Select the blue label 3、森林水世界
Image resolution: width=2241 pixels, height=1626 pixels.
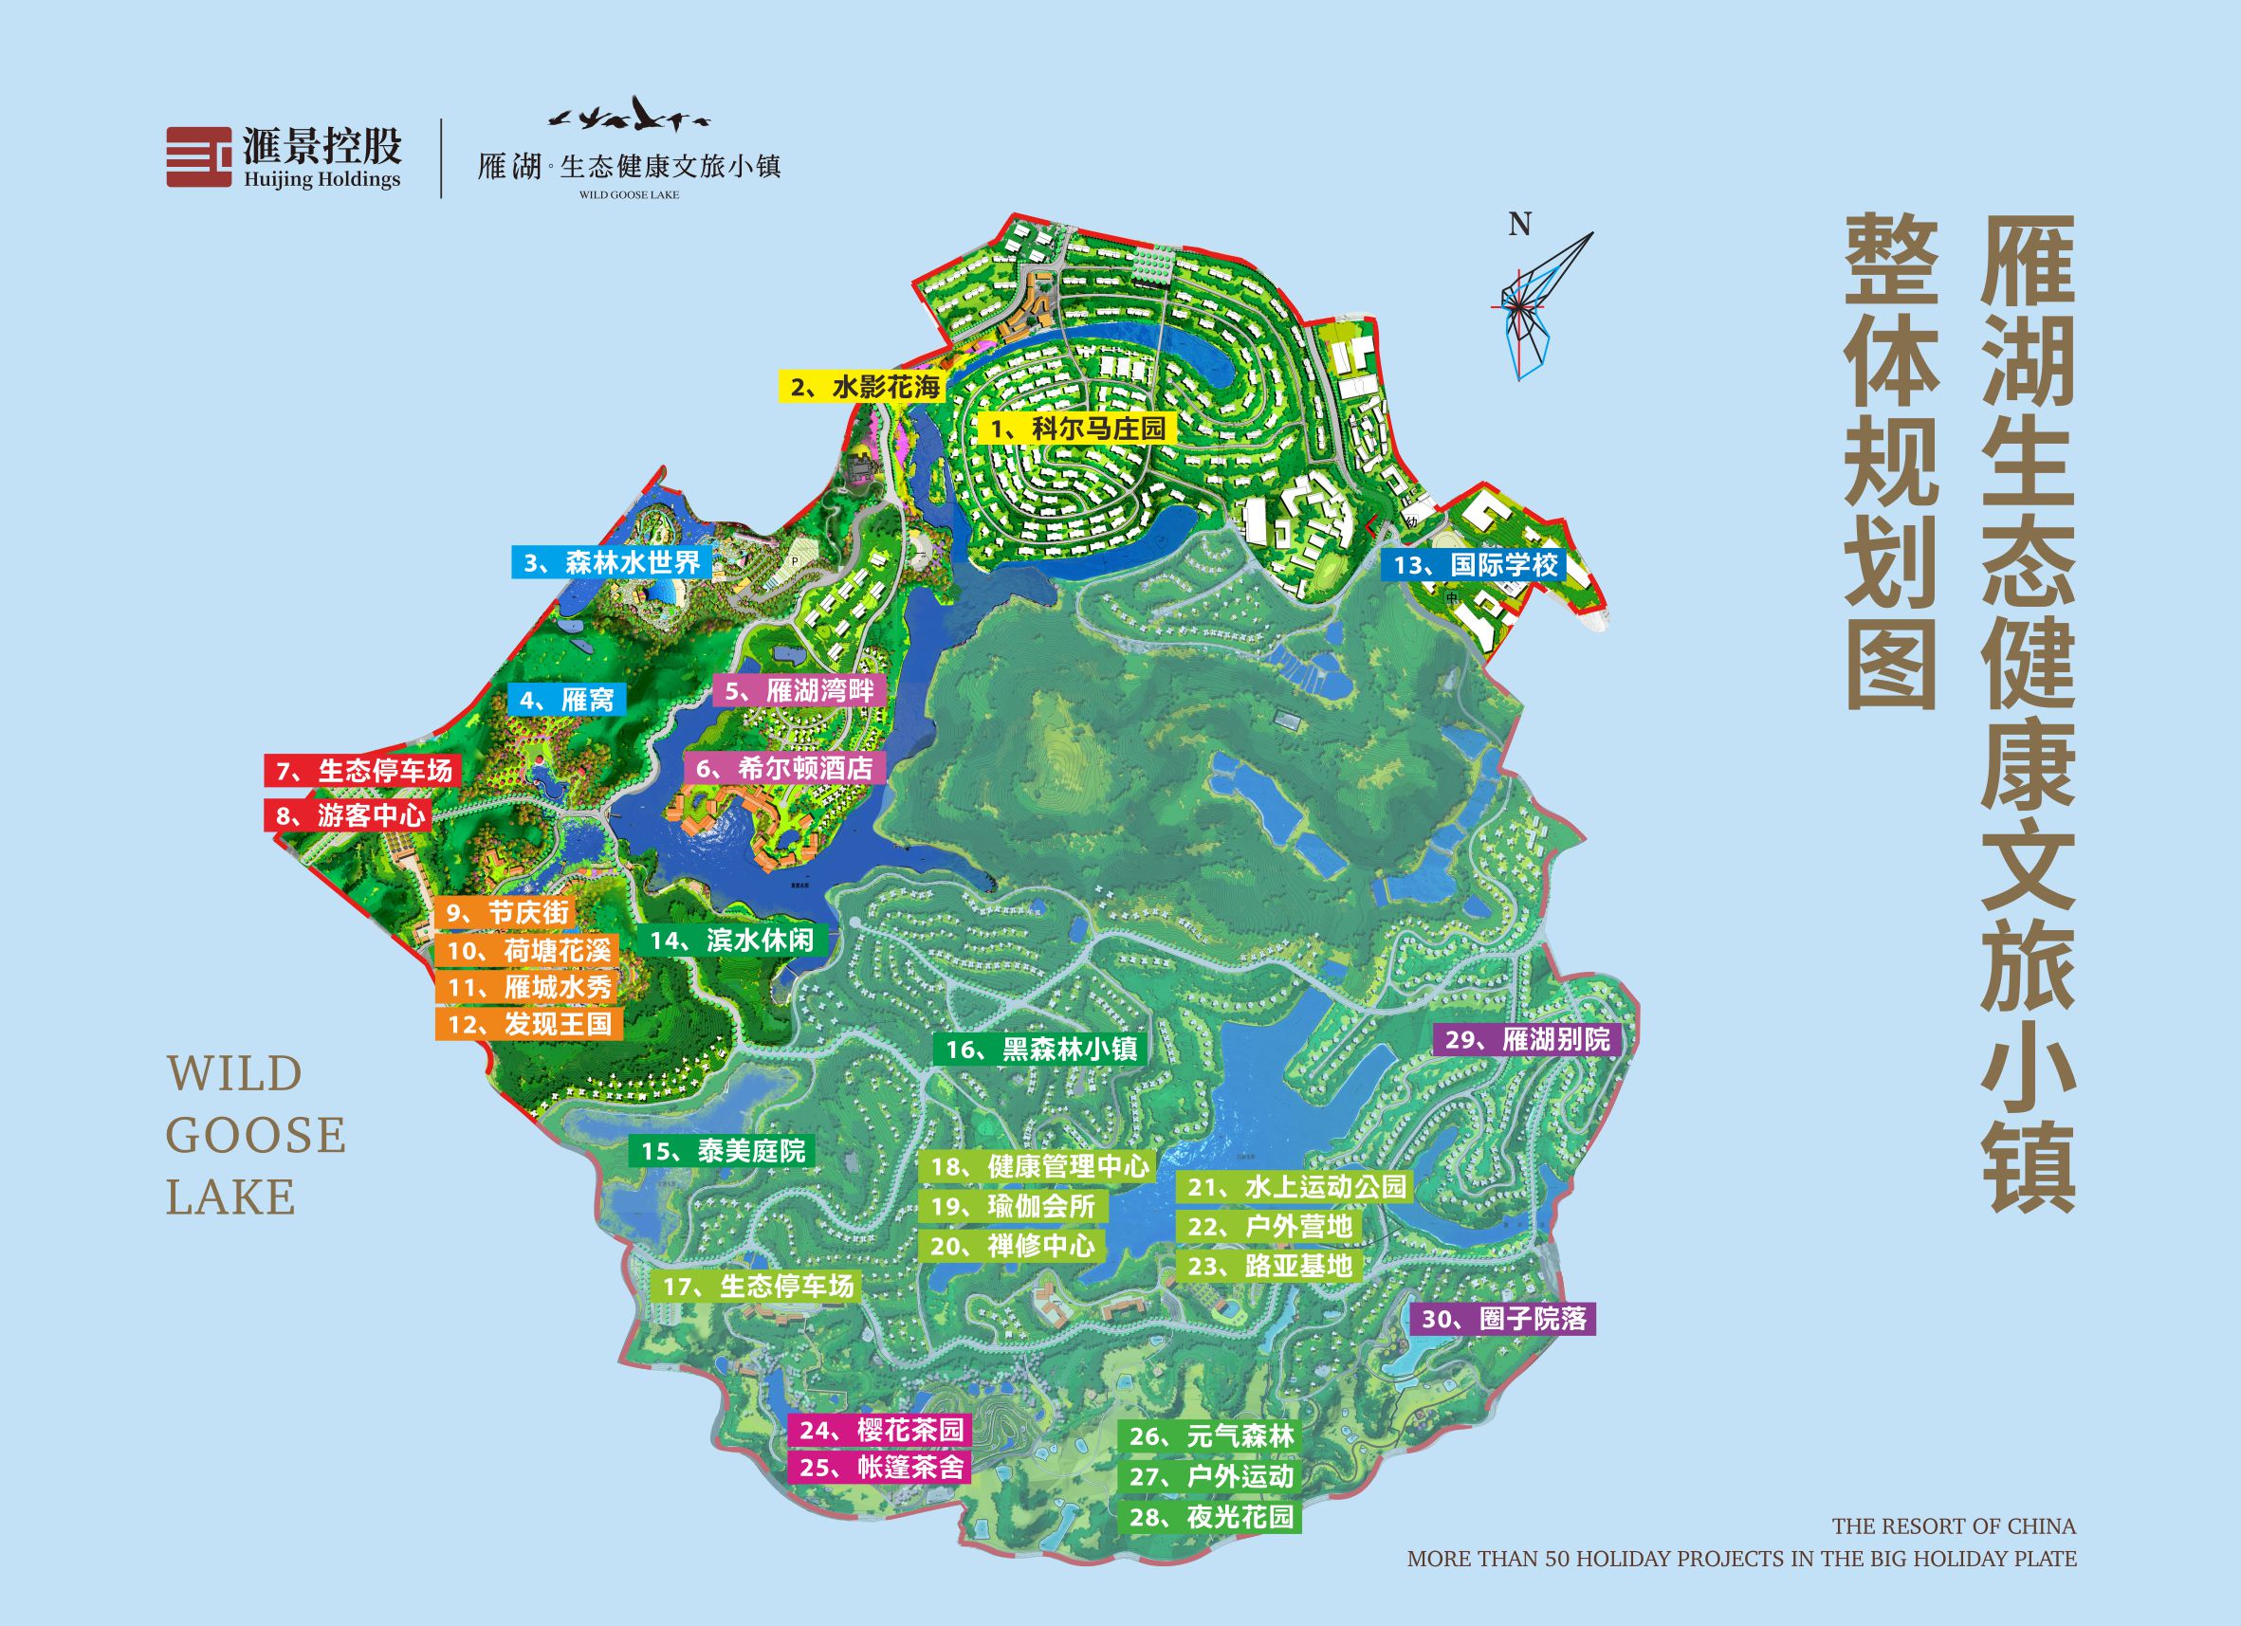click(x=611, y=562)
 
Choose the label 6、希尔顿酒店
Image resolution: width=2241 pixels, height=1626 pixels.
click(x=784, y=768)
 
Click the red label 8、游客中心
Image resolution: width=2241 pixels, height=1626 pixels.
click(x=349, y=815)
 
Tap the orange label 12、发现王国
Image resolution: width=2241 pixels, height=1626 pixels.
click(x=528, y=1023)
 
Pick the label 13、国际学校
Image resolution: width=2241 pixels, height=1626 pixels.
click(x=1476, y=565)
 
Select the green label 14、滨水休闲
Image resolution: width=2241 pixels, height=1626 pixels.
click(x=731, y=941)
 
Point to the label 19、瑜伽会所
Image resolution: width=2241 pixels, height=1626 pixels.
click(x=1013, y=1205)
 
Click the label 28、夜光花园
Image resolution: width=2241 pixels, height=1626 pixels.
click(x=1210, y=1516)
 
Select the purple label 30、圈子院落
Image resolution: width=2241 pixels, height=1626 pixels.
click(x=1503, y=1319)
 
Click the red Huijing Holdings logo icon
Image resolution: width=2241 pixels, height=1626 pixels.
click(x=198, y=156)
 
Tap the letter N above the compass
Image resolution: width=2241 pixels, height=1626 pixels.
click(x=1519, y=226)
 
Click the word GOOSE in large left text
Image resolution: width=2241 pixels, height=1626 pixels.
click(x=255, y=1135)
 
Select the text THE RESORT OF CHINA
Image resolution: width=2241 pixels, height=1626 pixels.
click(x=1954, y=1526)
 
